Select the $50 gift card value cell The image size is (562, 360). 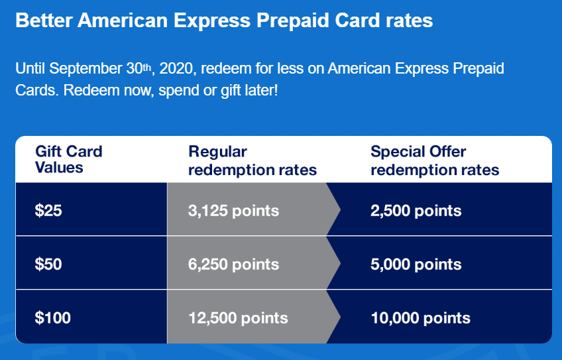pyautogui.click(x=48, y=265)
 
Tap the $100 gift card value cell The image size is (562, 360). pyautogui.click(x=52, y=318)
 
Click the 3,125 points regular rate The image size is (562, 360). pyautogui.click(x=233, y=211)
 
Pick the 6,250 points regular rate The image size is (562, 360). pyautogui.click(x=233, y=265)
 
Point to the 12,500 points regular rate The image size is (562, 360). pyautogui.click(x=238, y=318)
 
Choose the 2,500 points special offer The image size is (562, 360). pyautogui.click(x=416, y=211)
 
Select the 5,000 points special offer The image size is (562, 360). pyautogui.click(x=416, y=265)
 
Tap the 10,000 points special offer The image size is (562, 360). pyautogui.click(x=420, y=318)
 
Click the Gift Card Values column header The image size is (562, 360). pyautogui.click(x=68, y=159)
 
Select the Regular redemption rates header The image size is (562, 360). pyautogui.click(x=253, y=160)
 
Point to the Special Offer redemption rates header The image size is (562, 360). pyautogui.click(x=434, y=160)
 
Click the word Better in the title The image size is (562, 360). pyautogui.click(x=43, y=21)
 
